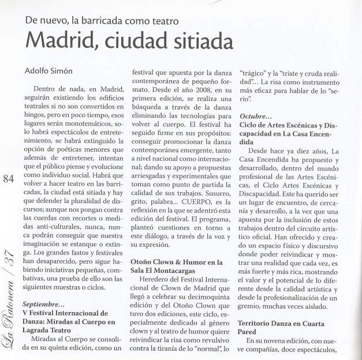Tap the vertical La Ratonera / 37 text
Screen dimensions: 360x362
(x=9, y=306)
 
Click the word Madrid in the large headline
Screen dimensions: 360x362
(x=63, y=41)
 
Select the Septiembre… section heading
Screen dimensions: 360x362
(x=44, y=304)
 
